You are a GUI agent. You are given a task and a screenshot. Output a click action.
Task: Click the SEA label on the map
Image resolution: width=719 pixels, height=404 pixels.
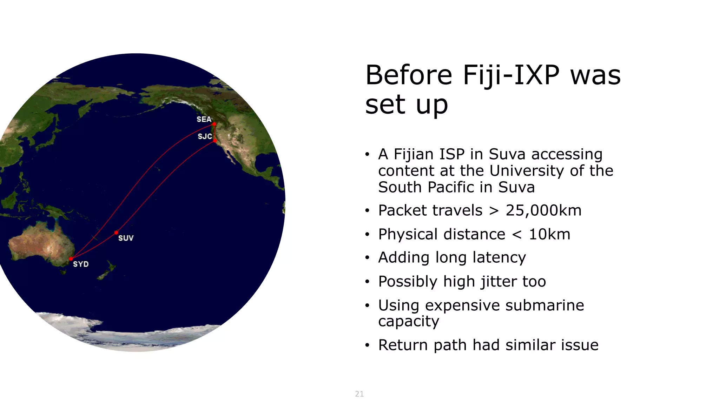[x=204, y=119]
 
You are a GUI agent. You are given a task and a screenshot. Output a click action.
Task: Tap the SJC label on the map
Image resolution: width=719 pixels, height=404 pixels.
[x=205, y=136]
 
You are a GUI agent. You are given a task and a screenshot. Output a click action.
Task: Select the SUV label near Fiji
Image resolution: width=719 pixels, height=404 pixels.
[x=126, y=238]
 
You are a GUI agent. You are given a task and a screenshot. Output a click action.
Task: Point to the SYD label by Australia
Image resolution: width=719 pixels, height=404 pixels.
[x=81, y=264]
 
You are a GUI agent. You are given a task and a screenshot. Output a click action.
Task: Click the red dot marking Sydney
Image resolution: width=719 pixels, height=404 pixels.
[x=71, y=259]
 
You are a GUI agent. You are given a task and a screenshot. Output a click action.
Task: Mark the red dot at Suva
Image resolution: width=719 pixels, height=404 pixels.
[x=116, y=233]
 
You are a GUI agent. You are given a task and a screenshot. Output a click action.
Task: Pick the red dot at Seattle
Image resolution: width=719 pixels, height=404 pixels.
[x=214, y=124]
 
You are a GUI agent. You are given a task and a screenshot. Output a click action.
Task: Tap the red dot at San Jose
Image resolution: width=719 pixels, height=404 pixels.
[x=215, y=141]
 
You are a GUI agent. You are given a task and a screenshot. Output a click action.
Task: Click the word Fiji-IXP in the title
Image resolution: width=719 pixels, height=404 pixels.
[x=511, y=75]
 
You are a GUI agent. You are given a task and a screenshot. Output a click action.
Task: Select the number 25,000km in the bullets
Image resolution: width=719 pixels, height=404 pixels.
[x=543, y=210]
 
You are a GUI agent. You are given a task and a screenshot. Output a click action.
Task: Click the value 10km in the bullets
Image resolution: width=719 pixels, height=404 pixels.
[x=549, y=234]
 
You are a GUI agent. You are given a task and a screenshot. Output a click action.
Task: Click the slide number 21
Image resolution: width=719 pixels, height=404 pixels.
[x=359, y=394]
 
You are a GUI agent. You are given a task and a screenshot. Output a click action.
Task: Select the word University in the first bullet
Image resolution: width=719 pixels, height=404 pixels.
[x=527, y=171]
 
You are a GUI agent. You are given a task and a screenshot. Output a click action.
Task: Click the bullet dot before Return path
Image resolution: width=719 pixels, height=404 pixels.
[x=367, y=345]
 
